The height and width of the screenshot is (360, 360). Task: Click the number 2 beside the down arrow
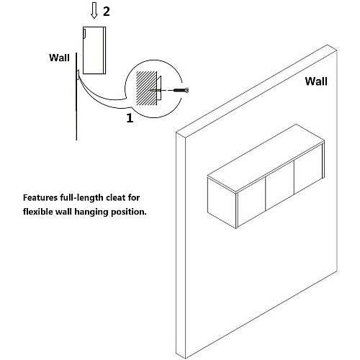click(107, 12)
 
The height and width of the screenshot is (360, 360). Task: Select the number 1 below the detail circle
click(130, 118)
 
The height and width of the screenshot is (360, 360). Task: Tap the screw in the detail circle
click(181, 90)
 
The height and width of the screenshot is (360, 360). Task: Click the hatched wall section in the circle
click(146, 88)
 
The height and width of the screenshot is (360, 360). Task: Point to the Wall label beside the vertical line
click(59, 58)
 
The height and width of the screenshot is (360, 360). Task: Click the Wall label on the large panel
click(316, 81)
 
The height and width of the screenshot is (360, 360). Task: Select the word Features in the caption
click(40, 198)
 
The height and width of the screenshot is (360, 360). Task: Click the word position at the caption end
click(129, 212)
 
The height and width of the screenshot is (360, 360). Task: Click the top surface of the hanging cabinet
click(266, 158)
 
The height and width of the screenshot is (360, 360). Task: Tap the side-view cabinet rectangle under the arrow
click(94, 50)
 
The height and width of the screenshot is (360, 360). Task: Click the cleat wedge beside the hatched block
click(159, 88)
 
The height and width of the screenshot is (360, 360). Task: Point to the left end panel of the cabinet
click(222, 202)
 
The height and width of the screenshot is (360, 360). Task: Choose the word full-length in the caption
click(81, 198)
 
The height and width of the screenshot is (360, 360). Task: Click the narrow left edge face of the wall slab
click(181, 245)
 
